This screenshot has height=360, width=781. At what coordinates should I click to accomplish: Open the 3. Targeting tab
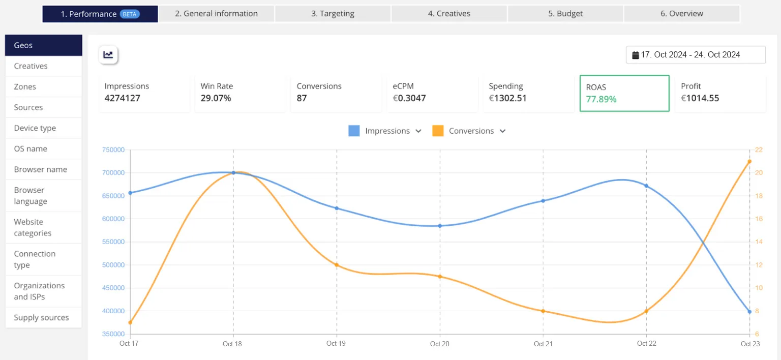click(x=333, y=14)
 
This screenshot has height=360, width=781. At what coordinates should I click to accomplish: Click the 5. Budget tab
click(x=565, y=14)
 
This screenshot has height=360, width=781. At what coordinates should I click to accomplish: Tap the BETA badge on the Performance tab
click(x=129, y=14)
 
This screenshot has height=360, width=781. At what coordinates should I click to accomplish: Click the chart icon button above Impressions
click(x=108, y=55)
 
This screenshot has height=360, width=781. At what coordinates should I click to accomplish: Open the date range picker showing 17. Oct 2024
click(x=695, y=55)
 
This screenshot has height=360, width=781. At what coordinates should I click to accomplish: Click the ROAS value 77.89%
click(x=601, y=99)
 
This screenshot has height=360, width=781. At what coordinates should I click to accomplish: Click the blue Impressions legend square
click(x=354, y=131)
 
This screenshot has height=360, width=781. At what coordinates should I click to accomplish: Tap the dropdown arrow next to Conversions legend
click(x=502, y=131)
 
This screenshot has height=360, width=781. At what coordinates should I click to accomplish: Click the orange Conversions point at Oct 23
click(x=749, y=161)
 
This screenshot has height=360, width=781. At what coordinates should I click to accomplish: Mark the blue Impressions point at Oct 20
click(x=440, y=226)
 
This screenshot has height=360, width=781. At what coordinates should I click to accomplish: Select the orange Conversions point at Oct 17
click(x=130, y=322)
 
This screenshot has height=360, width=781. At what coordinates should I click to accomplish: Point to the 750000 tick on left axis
click(x=113, y=150)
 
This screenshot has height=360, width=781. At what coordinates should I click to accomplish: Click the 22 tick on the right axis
click(x=759, y=150)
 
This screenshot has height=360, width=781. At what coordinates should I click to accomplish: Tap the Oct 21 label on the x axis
click(x=543, y=344)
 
